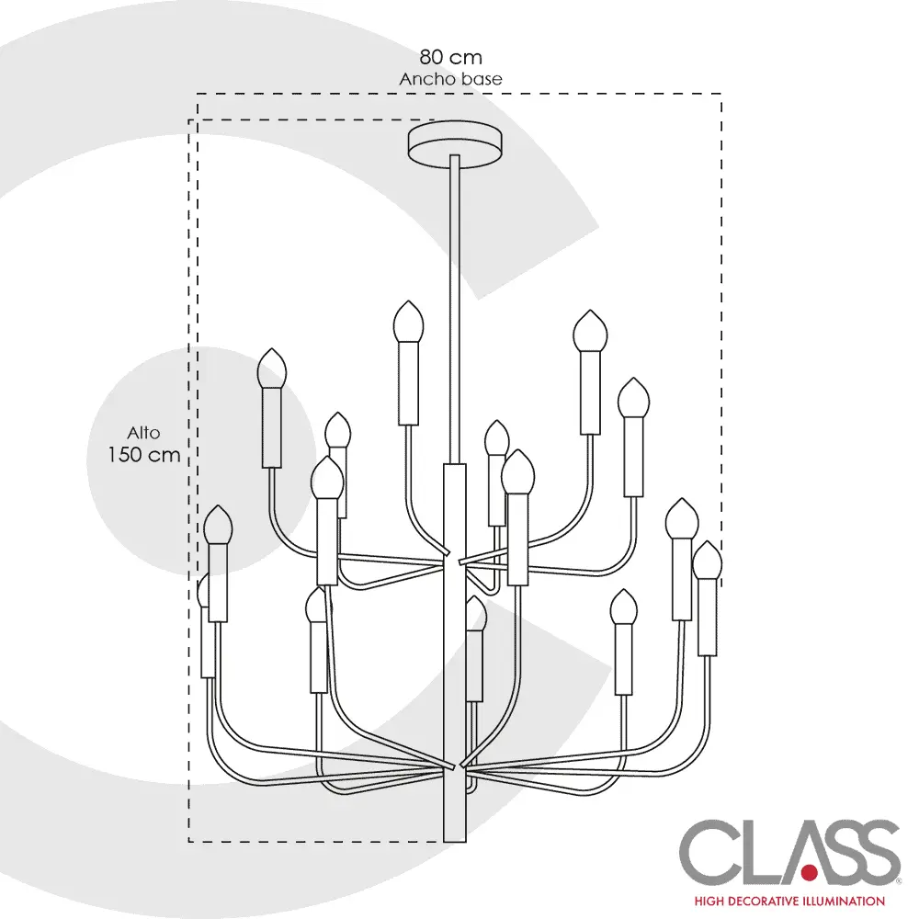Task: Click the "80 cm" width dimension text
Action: (x=450, y=58)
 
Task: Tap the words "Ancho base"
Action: (x=450, y=79)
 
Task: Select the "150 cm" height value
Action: (x=143, y=454)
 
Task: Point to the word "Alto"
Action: (x=144, y=432)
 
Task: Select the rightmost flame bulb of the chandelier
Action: (x=708, y=561)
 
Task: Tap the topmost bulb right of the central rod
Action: (x=588, y=331)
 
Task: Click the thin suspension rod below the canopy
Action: (x=455, y=303)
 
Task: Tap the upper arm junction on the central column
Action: (x=456, y=557)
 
